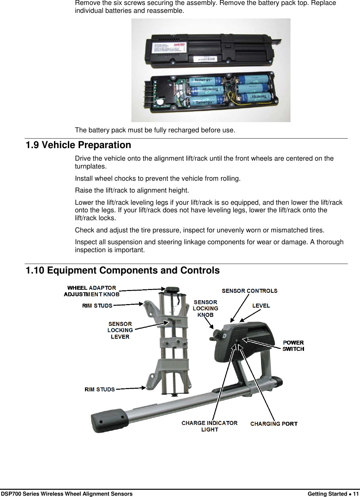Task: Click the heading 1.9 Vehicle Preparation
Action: [x=78, y=145]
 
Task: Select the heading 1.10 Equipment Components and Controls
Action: [x=123, y=271]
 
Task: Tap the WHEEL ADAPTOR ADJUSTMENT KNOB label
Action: [x=92, y=291]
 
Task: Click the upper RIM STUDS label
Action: [x=97, y=306]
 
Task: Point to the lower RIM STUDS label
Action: [x=99, y=389]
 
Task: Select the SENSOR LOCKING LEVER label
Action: [x=120, y=330]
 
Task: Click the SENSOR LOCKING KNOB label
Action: [x=205, y=308]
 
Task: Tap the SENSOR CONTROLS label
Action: [x=249, y=291]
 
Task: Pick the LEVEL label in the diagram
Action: [x=261, y=306]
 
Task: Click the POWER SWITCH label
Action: [x=293, y=346]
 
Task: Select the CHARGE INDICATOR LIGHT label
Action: [x=209, y=426]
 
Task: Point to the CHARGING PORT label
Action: [x=274, y=424]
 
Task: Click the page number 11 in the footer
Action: [x=356, y=494]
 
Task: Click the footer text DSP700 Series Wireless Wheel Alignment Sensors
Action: [x=67, y=494]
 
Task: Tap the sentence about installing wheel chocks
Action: [x=158, y=179]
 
